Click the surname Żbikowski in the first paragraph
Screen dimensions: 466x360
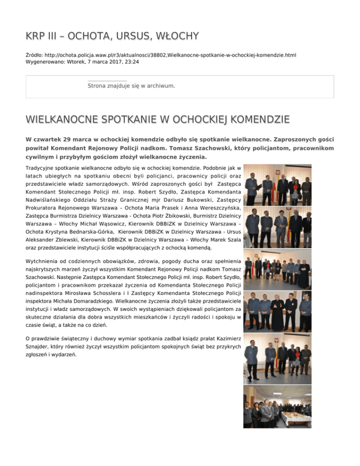(x=165, y=218)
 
